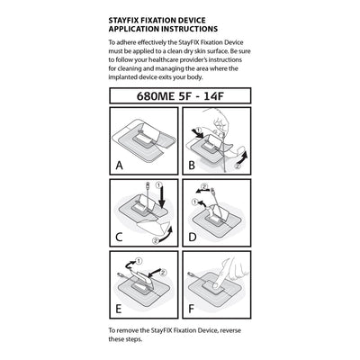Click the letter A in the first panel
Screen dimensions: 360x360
point(119,166)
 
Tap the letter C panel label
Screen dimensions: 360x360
point(119,238)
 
